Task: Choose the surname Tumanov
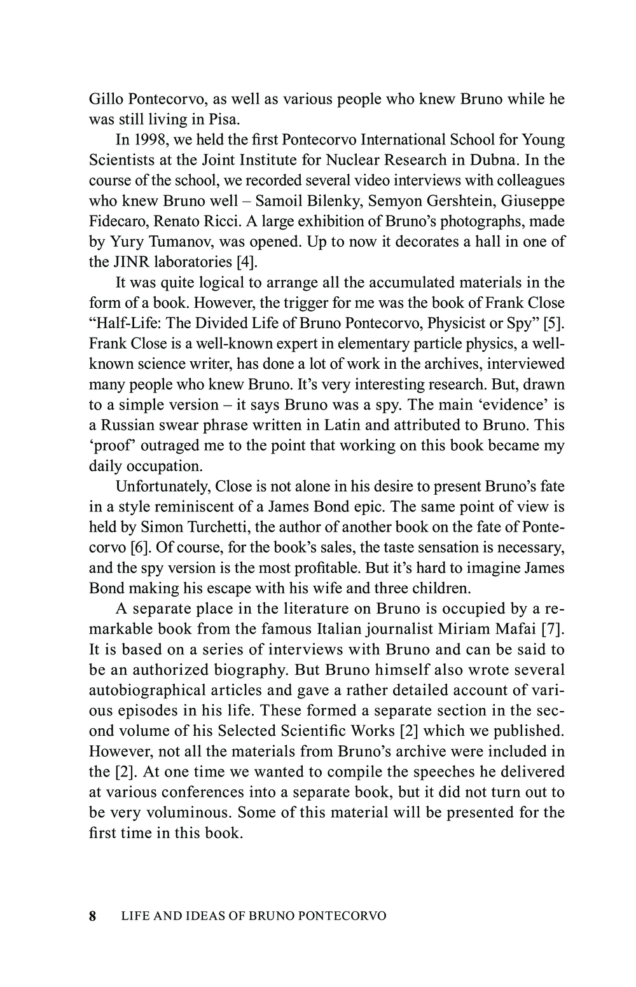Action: pos(184,242)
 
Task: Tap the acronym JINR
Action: pos(132,262)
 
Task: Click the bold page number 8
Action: pos(93,916)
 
